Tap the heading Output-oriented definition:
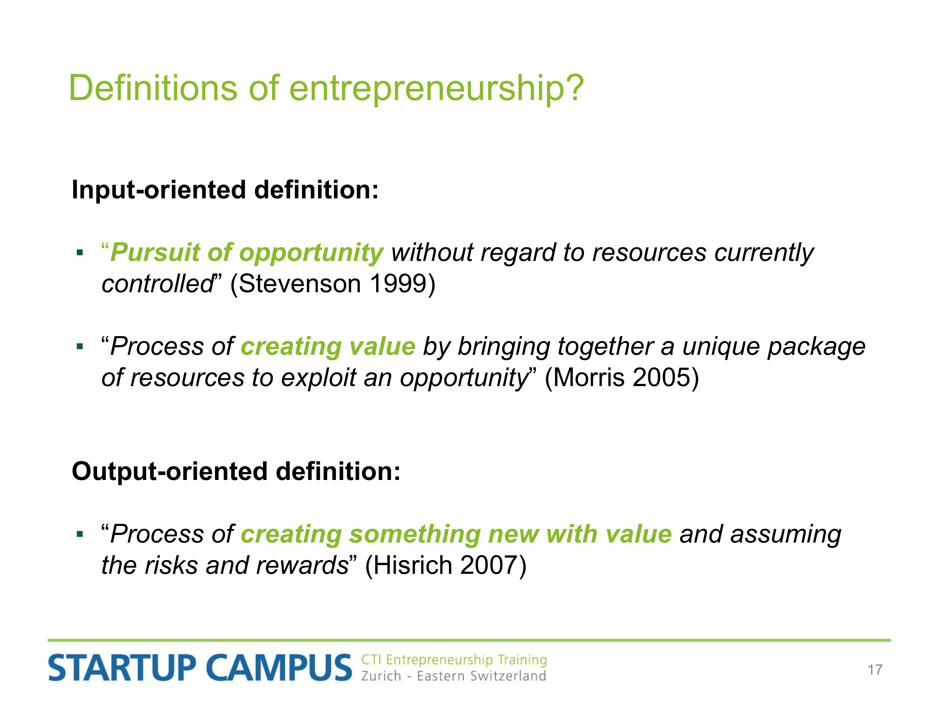click(x=236, y=472)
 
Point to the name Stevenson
click(x=299, y=283)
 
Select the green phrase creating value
click(x=328, y=347)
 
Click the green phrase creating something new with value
click(x=456, y=534)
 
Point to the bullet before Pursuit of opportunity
click(x=80, y=253)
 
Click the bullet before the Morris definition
click(x=80, y=347)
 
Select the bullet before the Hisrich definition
click(x=80, y=534)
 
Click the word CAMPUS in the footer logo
click(x=279, y=667)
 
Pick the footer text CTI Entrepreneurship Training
click(x=454, y=660)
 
